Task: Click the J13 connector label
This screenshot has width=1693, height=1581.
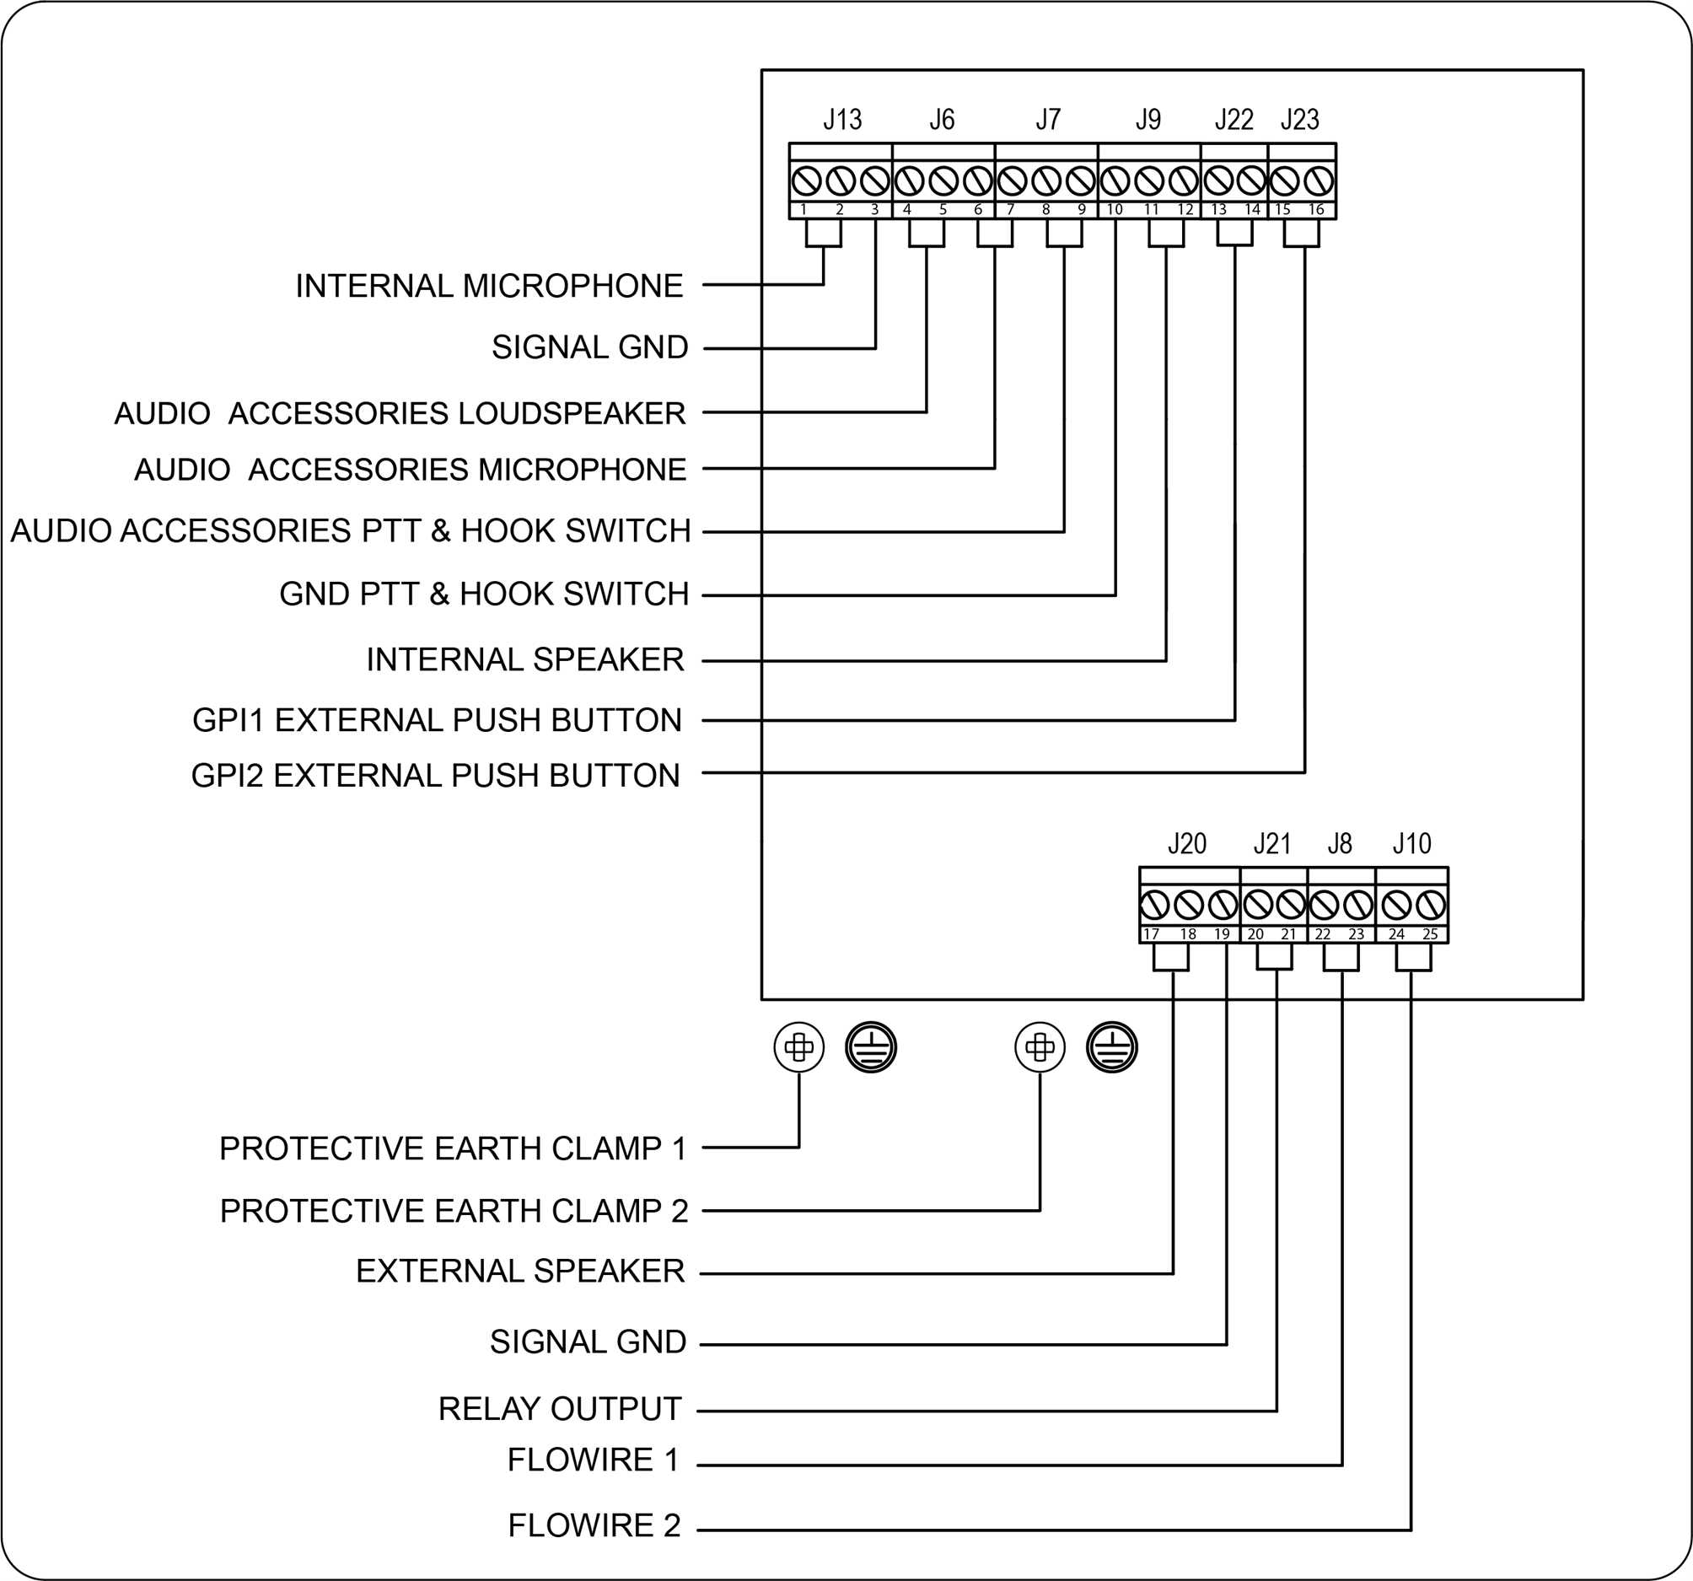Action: (x=841, y=120)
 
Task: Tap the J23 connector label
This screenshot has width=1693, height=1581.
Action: (x=1298, y=120)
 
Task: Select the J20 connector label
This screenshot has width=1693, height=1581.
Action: (x=1186, y=844)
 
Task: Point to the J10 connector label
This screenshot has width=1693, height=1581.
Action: (x=1411, y=844)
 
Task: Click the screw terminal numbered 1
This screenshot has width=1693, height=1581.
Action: (x=806, y=181)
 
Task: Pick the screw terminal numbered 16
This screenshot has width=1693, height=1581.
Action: (x=1319, y=181)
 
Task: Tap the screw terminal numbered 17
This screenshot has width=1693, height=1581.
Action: (x=1154, y=905)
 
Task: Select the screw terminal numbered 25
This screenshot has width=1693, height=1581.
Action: (x=1431, y=905)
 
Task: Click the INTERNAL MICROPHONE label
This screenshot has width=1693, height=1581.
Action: (x=489, y=286)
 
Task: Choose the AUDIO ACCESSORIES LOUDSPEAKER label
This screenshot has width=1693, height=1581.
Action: (x=400, y=414)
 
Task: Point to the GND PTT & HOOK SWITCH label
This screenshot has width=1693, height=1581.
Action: (x=484, y=594)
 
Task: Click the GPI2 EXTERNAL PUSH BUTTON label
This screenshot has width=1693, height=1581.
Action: (x=435, y=776)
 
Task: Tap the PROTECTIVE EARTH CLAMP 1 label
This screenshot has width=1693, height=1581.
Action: (x=452, y=1149)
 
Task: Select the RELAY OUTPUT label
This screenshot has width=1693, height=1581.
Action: (x=560, y=1409)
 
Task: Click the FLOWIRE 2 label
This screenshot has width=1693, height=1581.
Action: (x=594, y=1525)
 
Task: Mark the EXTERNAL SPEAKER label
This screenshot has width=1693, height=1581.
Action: (x=519, y=1271)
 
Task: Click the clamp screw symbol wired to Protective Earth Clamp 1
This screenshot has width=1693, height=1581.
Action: (x=798, y=1047)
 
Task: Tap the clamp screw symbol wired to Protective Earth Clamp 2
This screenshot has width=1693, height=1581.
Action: (x=1040, y=1047)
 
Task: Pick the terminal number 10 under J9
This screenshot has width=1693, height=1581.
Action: (x=1114, y=210)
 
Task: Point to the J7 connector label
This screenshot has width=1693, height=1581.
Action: (x=1047, y=120)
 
